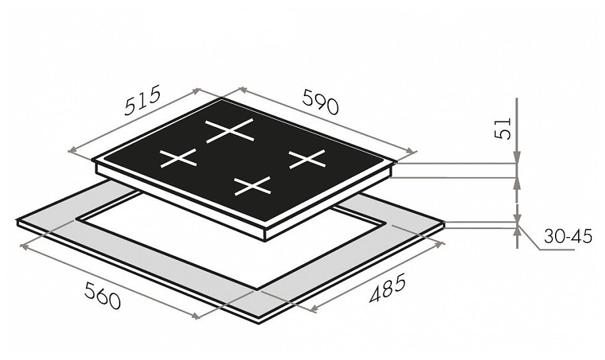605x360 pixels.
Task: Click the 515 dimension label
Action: coord(141,101)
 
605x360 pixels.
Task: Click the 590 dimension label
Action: coord(320,101)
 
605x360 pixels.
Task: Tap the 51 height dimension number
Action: coord(502,128)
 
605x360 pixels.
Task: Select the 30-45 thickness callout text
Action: coord(568,236)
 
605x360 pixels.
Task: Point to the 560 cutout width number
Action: coord(103,296)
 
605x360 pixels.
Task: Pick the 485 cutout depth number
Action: coord(387,288)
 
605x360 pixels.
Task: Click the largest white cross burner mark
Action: coord(230,130)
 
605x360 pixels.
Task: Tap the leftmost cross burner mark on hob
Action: coord(178,158)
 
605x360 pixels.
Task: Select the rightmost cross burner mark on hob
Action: coord(307,159)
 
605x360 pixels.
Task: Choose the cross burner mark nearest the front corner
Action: coord(253,186)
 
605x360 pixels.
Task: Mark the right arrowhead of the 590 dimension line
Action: coord(412,151)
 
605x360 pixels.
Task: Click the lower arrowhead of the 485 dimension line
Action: coord(314,308)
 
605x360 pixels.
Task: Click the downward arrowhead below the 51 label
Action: coord(517,157)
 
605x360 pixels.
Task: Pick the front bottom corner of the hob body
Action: coord(266,241)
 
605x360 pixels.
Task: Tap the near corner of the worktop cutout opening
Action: coord(256,288)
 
